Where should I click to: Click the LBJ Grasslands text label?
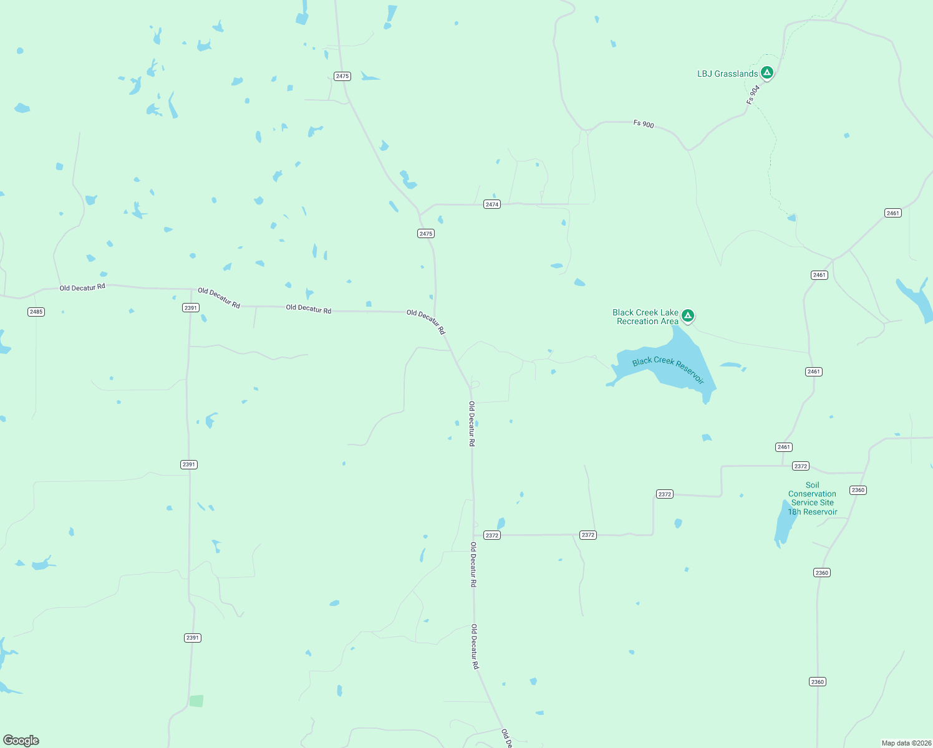[x=727, y=74]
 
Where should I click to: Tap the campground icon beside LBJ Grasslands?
[x=767, y=73]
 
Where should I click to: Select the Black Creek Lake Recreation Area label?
[x=645, y=317]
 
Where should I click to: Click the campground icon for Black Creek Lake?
[x=688, y=316]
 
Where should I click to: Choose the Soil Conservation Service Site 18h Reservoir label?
[x=812, y=499]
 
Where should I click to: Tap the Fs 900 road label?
[x=644, y=124]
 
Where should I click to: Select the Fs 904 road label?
[x=753, y=95]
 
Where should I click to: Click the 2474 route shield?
[x=492, y=204]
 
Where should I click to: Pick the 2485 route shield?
[x=36, y=312]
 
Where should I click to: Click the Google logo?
[x=21, y=741]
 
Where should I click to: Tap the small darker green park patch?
[x=196, y=701]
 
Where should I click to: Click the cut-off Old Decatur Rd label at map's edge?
[x=506, y=738]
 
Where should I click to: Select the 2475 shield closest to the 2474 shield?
[x=426, y=234]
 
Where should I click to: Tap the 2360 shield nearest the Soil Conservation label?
[x=858, y=490]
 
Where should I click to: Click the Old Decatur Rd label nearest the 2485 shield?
[x=82, y=287]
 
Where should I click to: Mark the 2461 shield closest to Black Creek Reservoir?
[x=814, y=372]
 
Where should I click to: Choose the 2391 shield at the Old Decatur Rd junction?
[x=191, y=308]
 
